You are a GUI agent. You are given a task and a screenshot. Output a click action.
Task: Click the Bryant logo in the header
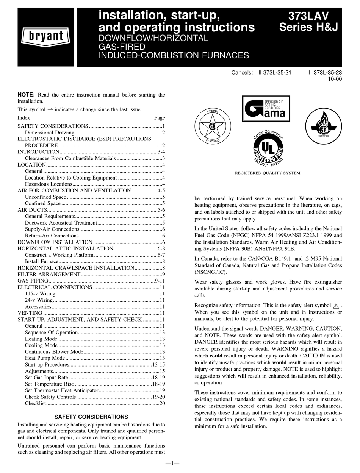45,37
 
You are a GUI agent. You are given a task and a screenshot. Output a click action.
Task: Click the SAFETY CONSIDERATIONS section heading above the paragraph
91,417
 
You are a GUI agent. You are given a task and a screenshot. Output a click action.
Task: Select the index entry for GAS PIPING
33,281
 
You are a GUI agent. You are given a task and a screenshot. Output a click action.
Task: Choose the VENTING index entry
30,313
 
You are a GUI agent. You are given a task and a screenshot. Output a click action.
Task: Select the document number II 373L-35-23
325,72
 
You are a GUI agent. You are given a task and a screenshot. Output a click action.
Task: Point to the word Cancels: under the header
242,72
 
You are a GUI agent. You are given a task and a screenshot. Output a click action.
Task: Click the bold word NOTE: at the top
27,95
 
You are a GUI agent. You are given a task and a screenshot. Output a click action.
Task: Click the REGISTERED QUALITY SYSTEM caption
268,173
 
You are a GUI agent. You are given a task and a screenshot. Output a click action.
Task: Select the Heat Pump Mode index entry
45,358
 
